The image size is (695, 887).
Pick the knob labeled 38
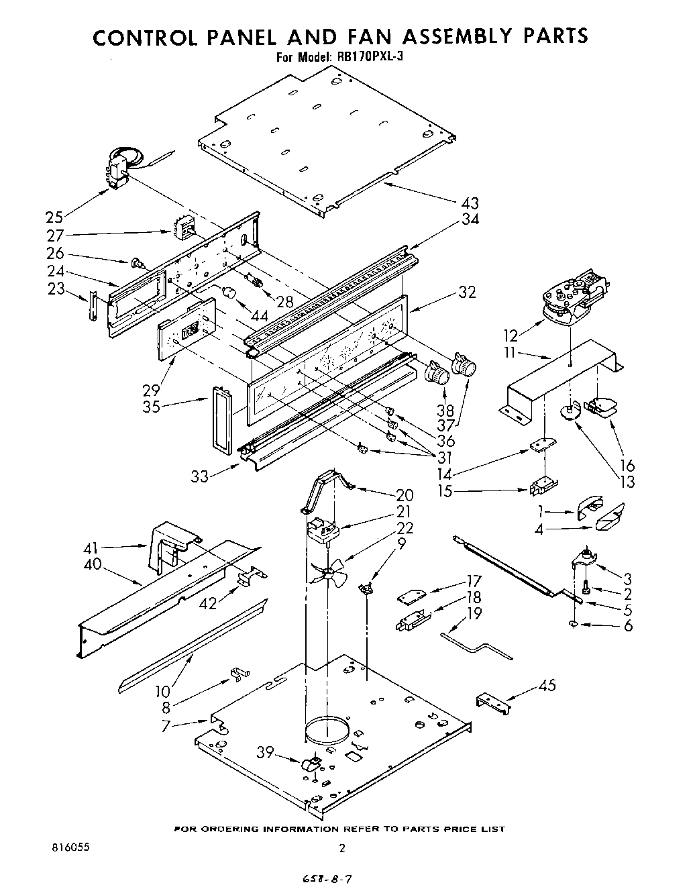(437, 372)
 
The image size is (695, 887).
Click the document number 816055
(70, 847)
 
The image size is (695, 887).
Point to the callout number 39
(266, 753)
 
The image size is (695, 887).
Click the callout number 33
(201, 476)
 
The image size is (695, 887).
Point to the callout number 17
(474, 582)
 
